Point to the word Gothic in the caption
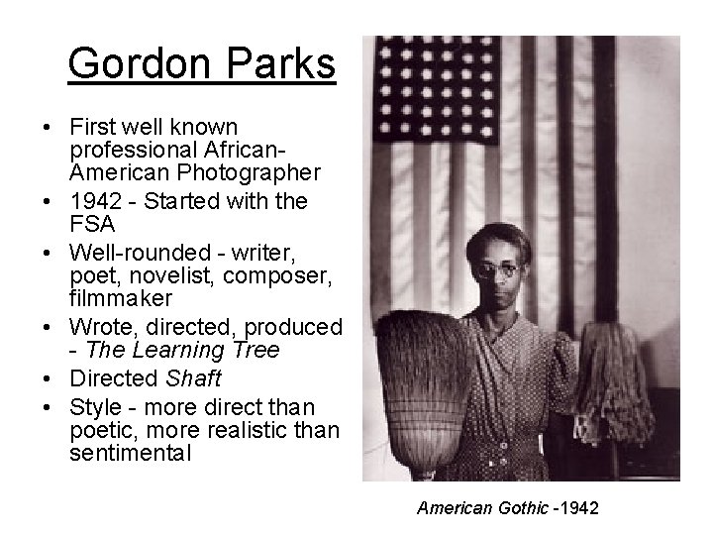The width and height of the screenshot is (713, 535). pyautogui.click(x=522, y=509)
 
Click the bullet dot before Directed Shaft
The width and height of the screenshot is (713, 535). pyautogui.click(x=48, y=378)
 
